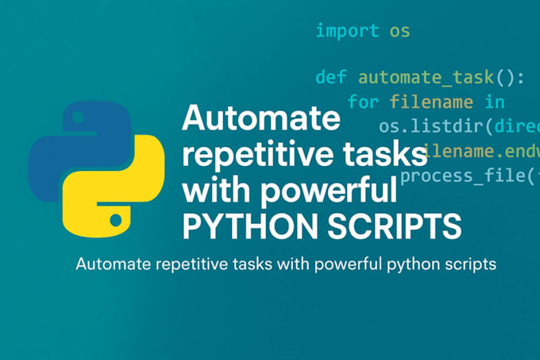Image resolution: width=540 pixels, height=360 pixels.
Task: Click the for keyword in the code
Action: tap(364, 102)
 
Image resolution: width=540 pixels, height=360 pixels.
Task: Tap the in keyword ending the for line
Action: tap(494, 102)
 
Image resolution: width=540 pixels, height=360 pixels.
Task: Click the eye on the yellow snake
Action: tap(116, 217)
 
